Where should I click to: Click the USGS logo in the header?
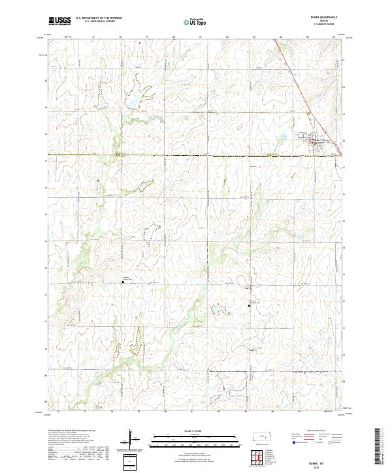[x=59, y=21]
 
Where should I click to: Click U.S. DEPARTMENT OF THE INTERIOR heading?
[x=99, y=18]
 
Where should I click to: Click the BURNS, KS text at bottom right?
[x=325, y=459]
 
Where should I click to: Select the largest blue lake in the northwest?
[x=133, y=102]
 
